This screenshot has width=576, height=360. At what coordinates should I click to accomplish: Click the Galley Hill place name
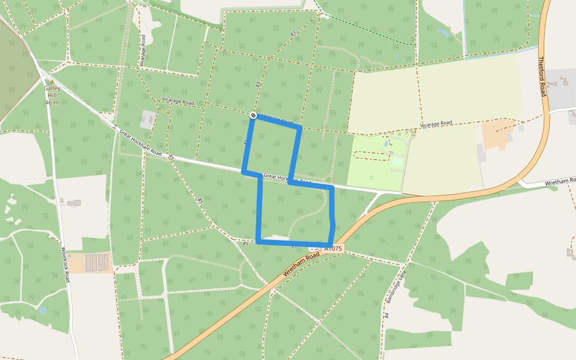(x=52, y=92)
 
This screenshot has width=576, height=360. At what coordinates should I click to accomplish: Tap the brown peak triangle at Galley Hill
(x=52, y=82)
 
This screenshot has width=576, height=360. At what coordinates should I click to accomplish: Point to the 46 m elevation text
(x=52, y=103)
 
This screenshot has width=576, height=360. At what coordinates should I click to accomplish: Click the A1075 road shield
(x=334, y=248)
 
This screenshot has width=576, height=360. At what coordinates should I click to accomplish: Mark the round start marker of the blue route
(x=253, y=115)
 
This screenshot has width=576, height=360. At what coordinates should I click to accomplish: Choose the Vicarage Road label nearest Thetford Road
(x=436, y=124)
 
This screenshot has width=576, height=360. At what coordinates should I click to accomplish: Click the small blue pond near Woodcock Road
(x=42, y=310)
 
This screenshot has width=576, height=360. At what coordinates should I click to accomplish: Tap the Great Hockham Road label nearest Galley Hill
(x=140, y=143)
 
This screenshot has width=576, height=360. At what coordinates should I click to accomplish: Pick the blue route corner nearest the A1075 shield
(x=330, y=245)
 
